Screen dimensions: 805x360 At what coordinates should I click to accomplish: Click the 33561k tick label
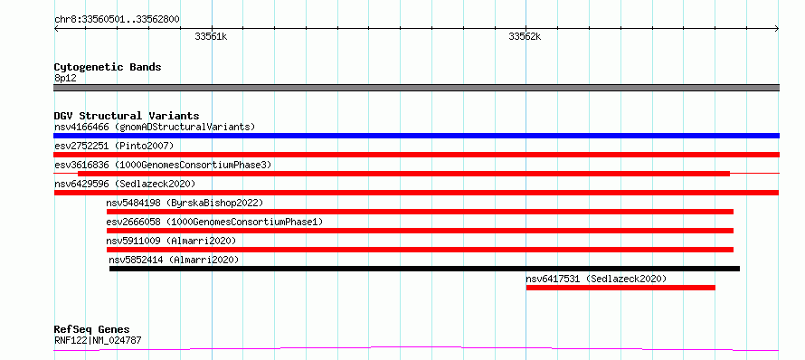[211, 36]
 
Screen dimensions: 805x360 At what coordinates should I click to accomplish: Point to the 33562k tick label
[525, 36]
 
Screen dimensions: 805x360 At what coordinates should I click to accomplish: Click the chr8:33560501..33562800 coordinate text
[117, 20]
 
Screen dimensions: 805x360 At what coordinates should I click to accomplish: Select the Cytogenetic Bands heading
[108, 67]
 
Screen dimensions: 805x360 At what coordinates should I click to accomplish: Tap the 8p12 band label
[65, 78]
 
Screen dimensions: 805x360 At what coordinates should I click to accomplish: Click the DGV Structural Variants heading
[127, 116]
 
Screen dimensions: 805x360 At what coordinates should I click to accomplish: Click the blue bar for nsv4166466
[416, 136]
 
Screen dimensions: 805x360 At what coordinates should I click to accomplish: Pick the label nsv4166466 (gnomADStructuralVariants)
[155, 127]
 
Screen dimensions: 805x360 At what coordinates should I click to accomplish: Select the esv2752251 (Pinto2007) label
[114, 146]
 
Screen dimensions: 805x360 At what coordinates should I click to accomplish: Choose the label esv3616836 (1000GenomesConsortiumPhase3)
[163, 165]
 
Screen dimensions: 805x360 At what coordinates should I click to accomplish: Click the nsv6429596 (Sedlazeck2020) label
[125, 184]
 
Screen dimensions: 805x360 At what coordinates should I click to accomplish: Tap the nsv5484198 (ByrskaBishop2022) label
[185, 203]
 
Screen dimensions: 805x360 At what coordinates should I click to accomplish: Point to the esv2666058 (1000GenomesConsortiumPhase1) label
[214, 222]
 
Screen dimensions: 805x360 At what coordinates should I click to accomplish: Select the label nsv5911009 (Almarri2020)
[171, 241]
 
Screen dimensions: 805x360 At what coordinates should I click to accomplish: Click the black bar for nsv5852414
[424, 269]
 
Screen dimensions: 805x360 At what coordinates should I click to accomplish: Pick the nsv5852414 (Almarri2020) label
[174, 260]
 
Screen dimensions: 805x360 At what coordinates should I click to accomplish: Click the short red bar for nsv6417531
[620, 288]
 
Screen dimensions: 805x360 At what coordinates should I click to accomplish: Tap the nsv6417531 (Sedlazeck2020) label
[596, 279]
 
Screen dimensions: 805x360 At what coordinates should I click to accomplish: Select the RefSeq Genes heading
[92, 330]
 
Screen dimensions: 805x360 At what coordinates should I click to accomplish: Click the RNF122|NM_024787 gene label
[98, 340]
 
